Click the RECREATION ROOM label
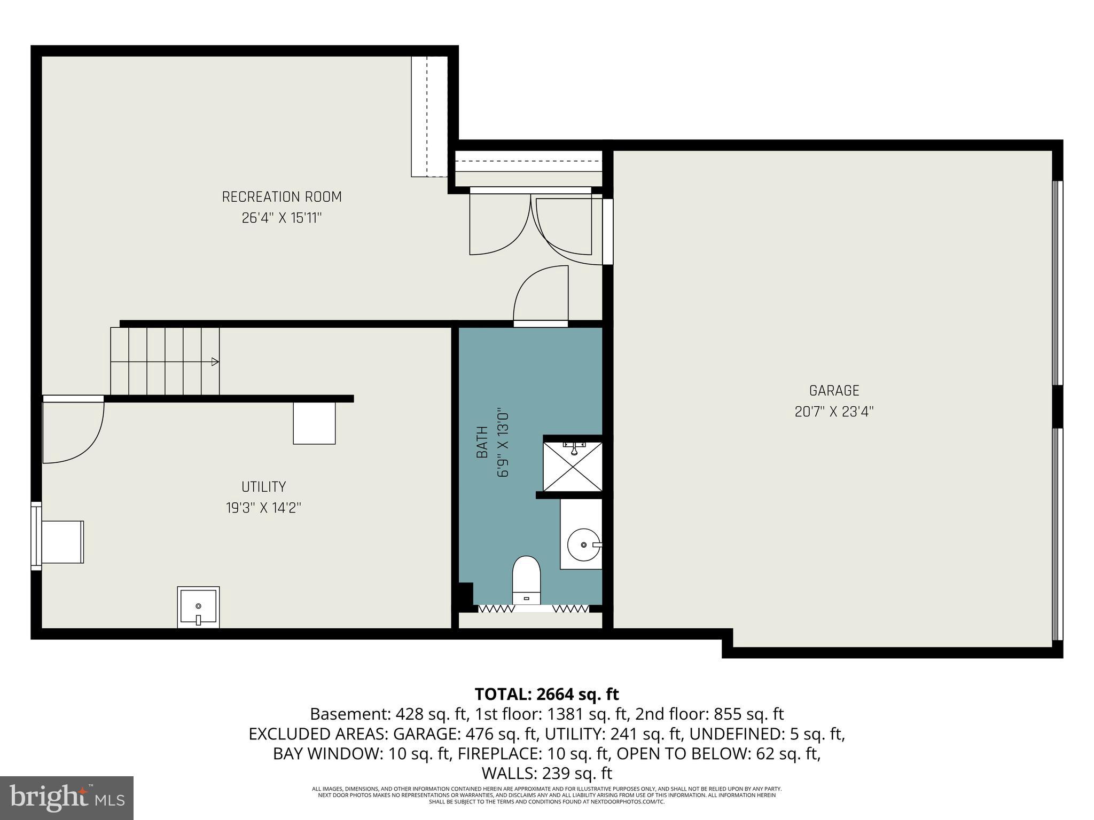(282, 197)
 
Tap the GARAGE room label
(834, 391)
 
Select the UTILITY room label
(263, 487)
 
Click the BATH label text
(482, 442)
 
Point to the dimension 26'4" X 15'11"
(282, 218)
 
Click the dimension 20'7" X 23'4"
(834, 412)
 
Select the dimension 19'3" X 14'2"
(263, 508)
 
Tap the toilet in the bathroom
(526, 581)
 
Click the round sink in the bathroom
(583, 544)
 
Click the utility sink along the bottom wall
(198, 607)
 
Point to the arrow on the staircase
(215, 362)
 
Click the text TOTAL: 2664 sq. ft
(546, 694)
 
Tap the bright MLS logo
(67, 798)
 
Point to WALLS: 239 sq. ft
(546, 773)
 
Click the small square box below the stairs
(314, 423)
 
